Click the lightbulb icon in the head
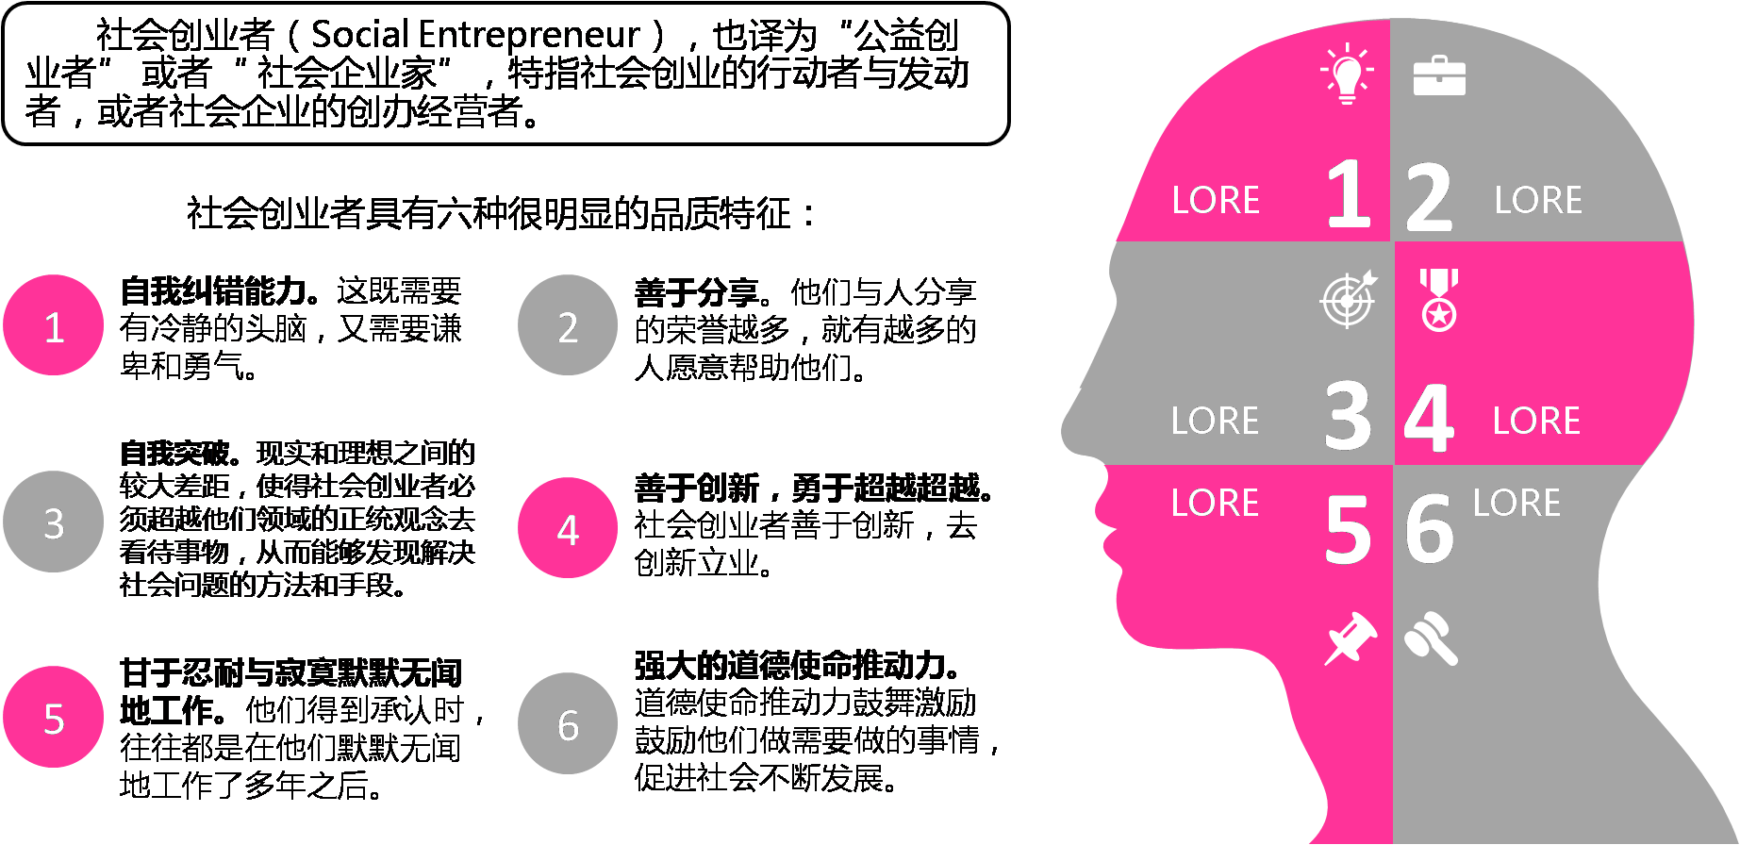[x=1347, y=74]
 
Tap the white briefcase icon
[x=1439, y=76]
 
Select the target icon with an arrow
[x=1349, y=300]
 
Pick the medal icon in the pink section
[x=1439, y=300]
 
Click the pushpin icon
[x=1351, y=638]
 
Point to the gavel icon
[x=1431, y=638]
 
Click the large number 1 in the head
[x=1349, y=195]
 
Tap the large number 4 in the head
[x=1429, y=417]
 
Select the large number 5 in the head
[x=1348, y=531]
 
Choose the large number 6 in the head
[x=1429, y=529]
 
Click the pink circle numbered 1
[x=54, y=326]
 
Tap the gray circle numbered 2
[x=568, y=326]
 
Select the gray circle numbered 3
[x=54, y=522]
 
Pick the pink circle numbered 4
[x=568, y=529]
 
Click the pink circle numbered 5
[x=54, y=718]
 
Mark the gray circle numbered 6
[x=568, y=724]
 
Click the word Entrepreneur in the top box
[x=529, y=36]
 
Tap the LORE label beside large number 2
[x=1538, y=200]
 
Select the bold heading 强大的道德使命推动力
[x=797, y=666]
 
